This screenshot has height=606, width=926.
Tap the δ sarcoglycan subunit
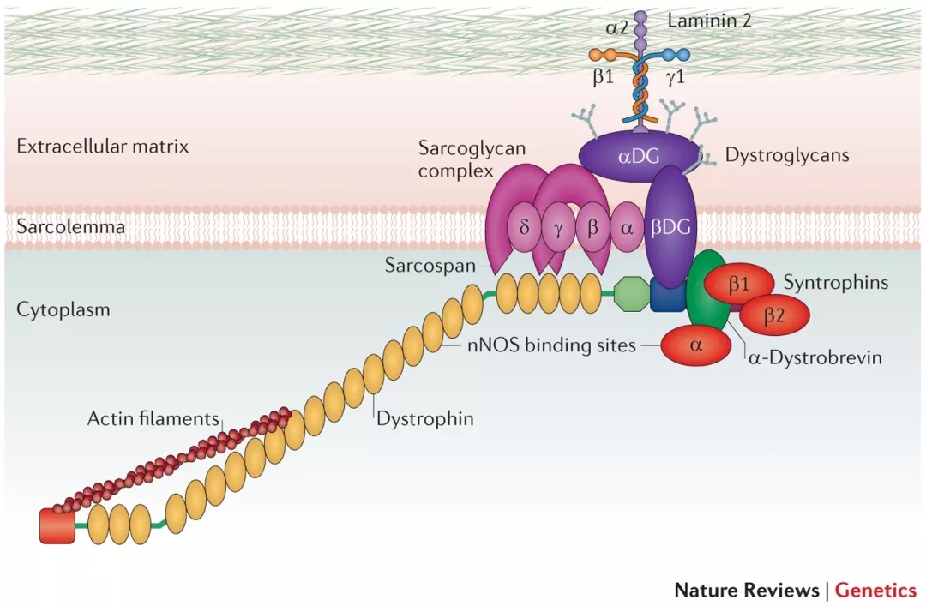(x=525, y=230)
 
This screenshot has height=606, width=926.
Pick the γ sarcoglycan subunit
(x=560, y=230)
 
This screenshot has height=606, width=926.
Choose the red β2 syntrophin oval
(x=774, y=315)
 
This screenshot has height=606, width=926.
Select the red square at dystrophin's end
(x=57, y=525)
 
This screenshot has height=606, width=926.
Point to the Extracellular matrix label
(x=102, y=147)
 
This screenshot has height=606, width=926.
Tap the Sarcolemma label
(x=70, y=227)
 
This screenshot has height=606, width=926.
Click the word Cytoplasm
(x=63, y=309)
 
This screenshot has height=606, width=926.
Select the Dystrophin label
(x=425, y=419)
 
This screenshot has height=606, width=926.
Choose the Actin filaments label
(x=153, y=418)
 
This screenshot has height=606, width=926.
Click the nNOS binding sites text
(x=552, y=345)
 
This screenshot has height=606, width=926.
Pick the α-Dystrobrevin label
(x=815, y=357)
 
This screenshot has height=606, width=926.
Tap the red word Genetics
(x=875, y=590)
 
